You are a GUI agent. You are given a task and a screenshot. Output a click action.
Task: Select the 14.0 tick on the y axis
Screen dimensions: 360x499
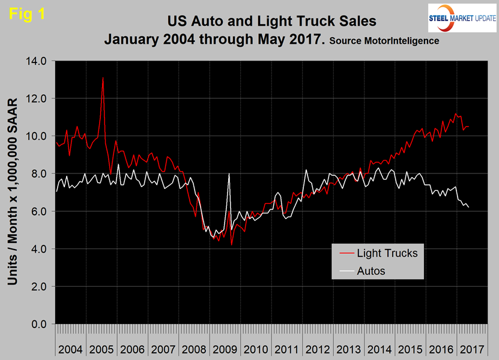(36, 61)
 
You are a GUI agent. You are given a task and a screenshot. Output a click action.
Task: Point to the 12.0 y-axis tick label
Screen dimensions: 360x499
(36, 98)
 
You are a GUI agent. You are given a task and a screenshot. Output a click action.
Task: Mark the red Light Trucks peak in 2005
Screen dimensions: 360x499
(103, 78)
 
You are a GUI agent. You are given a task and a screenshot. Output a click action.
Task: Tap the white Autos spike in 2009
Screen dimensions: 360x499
(229, 173)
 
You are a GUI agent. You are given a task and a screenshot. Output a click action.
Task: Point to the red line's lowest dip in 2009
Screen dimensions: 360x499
(231, 244)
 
